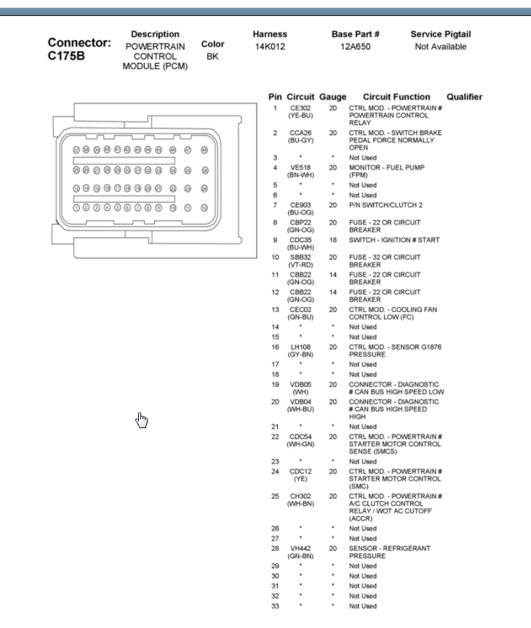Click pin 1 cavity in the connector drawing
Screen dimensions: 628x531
[x=76, y=207]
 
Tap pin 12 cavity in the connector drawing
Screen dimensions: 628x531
[x=204, y=207]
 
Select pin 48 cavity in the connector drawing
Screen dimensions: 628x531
[x=204, y=150]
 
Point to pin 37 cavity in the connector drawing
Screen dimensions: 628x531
[x=76, y=150]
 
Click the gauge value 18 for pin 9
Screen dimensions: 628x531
[x=332, y=240]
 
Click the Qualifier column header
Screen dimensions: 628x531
[x=464, y=97]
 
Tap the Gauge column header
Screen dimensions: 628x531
[x=332, y=97]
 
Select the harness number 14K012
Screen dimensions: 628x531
[x=270, y=47]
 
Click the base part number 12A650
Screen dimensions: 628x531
[x=356, y=47]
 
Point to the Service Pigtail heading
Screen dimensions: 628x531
[x=440, y=34]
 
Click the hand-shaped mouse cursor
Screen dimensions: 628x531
[x=142, y=420]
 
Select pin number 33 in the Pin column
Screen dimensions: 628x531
[x=275, y=606]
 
